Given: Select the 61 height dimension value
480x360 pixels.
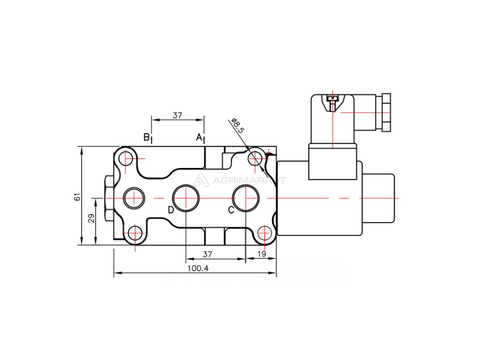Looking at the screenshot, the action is (77, 197).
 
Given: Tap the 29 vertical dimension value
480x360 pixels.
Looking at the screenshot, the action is (91, 218).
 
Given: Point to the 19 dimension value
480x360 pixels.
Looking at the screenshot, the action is (262, 254).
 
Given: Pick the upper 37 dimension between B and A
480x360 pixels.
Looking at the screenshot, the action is (177, 115).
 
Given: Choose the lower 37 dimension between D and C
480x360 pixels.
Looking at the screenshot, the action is (207, 254).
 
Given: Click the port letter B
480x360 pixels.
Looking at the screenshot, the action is (147, 137).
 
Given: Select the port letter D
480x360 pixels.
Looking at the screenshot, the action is (171, 210).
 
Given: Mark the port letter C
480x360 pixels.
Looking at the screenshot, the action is (231, 210).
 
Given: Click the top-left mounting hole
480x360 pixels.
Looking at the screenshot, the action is (127, 159).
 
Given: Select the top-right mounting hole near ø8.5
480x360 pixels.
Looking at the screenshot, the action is (255, 159).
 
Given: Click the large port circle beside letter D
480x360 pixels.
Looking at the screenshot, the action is (186, 198).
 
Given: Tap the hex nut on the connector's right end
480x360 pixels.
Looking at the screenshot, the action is (386, 112).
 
